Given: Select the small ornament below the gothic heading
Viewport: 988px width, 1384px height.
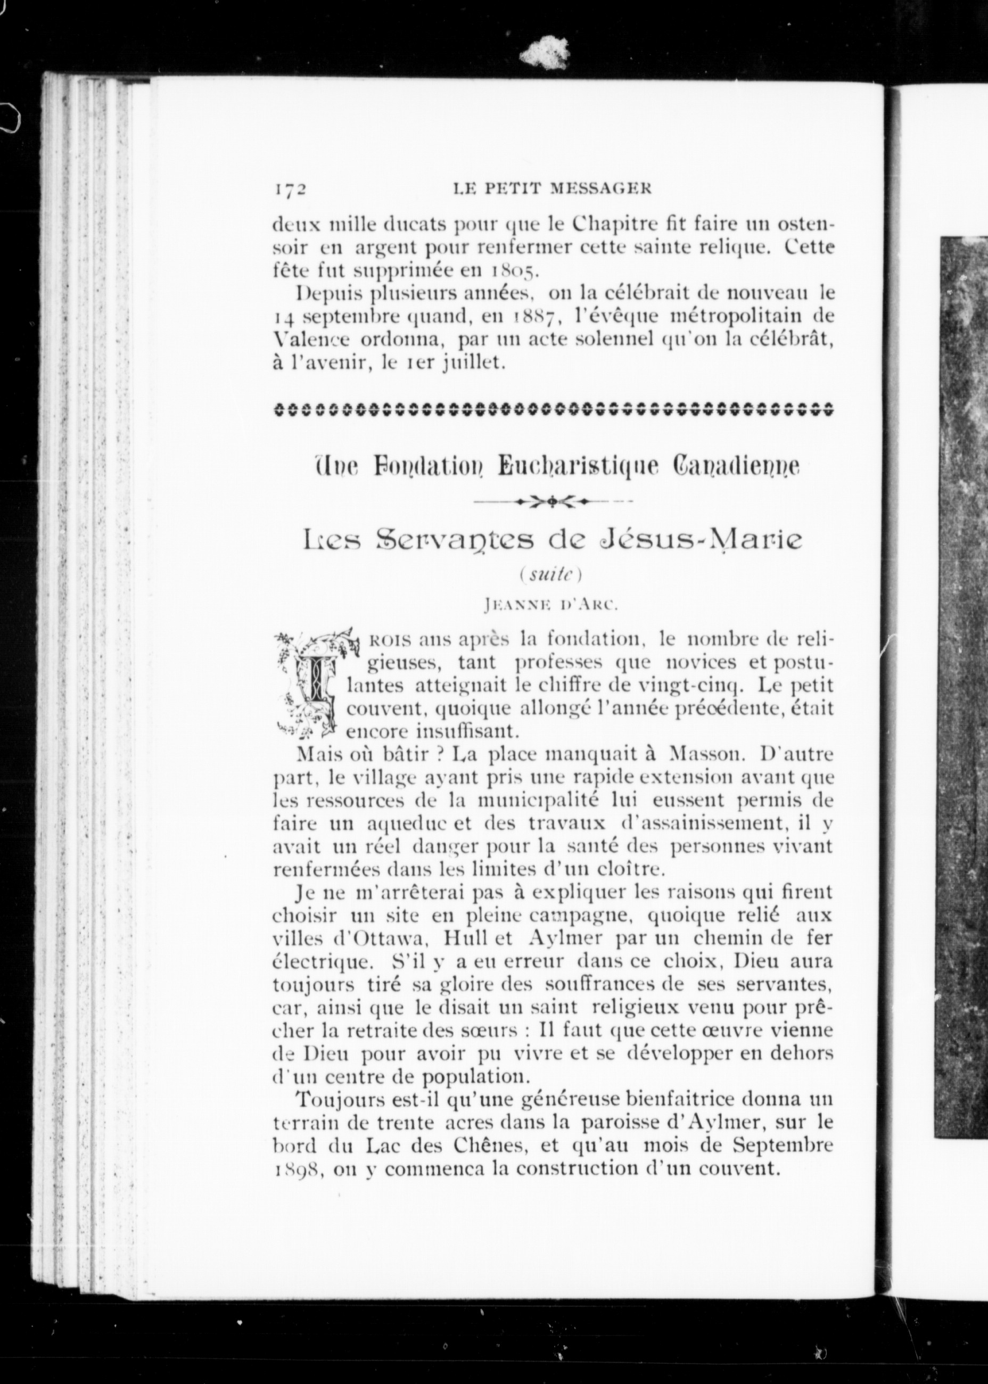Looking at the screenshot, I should coord(553,502).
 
